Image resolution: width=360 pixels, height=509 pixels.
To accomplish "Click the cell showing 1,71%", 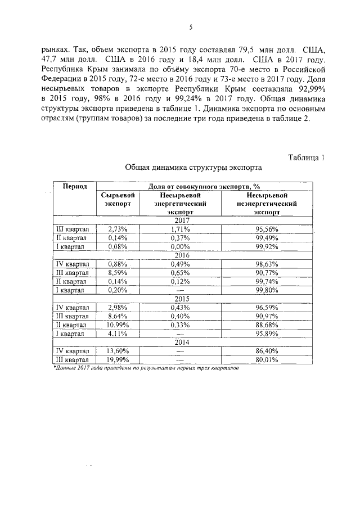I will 178,229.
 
